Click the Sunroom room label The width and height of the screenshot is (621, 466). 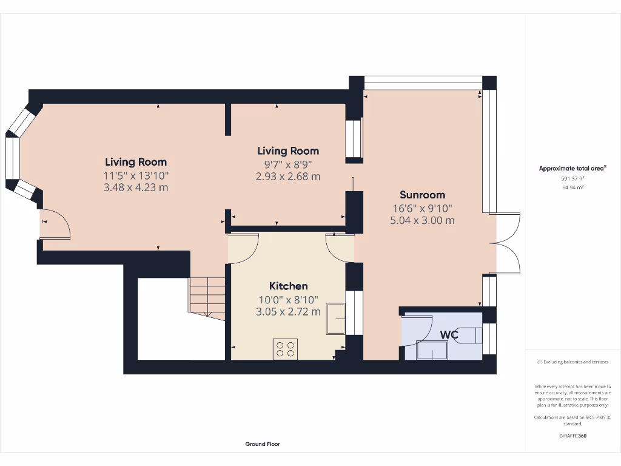(422, 195)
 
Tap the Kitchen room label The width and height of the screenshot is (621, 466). (288, 286)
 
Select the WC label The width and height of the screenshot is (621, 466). (449, 335)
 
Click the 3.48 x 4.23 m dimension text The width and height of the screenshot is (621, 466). (136, 187)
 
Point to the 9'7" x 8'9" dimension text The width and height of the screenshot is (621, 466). (288, 164)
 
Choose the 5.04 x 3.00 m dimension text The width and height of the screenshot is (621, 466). (422, 220)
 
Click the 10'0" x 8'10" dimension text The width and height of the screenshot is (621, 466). (288, 299)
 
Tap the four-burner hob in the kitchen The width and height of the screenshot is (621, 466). (285, 348)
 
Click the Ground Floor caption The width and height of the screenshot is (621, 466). (263, 444)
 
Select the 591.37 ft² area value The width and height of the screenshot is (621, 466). (572, 179)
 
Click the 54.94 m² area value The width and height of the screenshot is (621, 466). (572, 187)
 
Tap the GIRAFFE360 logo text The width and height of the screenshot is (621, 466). (572, 436)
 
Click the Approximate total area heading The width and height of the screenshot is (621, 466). (572, 169)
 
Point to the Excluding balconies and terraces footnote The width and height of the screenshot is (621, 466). (572, 362)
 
